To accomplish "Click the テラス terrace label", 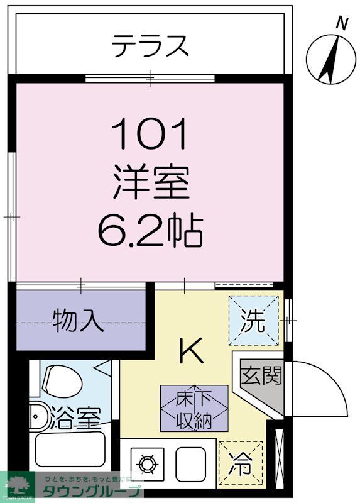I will (x=150, y=45).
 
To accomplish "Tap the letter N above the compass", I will (x=342, y=23).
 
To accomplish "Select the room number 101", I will (x=150, y=135).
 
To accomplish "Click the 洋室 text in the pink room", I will (x=151, y=183).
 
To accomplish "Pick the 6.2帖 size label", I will (x=150, y=231).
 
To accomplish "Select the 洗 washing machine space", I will (x=253, y=321).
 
